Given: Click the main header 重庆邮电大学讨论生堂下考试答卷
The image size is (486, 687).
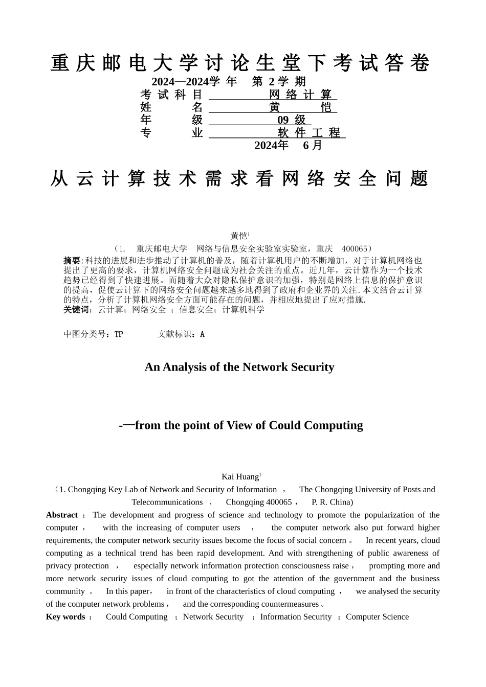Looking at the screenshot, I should (x=240, y=63).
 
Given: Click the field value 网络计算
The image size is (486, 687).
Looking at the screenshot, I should (x=301, y=95).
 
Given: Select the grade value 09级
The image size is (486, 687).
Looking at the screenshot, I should (x=292, y=120).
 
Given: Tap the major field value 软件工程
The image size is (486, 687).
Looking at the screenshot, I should (x=309, y=133).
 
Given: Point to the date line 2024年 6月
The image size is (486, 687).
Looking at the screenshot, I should (x=289, y=145).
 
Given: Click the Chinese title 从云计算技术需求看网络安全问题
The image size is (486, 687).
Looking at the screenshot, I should (x=240, y=178).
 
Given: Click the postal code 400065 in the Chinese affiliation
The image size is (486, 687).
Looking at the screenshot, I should (x=354, y=249).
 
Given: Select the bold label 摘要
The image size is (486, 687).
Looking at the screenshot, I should (x=72, y=261).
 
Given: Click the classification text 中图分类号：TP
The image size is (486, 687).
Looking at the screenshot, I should (x=93, y=334).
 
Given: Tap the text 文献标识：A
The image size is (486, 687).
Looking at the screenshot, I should (x=181, y=334).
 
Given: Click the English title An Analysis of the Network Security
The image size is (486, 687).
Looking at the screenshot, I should (x=239, y=367).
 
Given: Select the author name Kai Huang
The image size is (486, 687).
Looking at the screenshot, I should (x=240, y=477).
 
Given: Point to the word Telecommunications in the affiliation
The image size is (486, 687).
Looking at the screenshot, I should (x=167, y=502).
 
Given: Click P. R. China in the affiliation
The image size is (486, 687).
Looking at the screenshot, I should (x=332, y=502).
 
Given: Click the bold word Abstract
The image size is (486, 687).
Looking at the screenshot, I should (x=61, y=515).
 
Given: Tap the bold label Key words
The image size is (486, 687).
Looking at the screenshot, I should (x=65, y=617).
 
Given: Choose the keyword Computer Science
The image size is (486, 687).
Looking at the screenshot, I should (x=377, y=617).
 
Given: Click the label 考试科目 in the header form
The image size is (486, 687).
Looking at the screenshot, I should (x=171, y=95).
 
